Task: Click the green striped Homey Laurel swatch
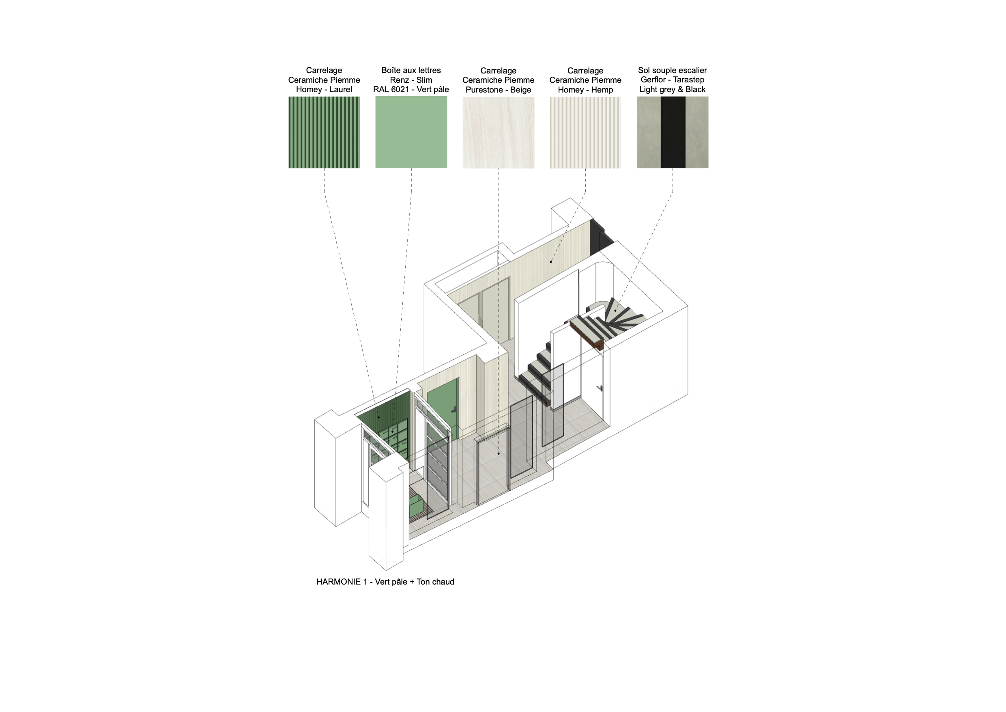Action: tap(324, 132)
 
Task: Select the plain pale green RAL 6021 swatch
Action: tap(411, 132)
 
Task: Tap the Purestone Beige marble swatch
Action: tap(498, 132)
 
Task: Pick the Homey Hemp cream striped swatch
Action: tap(585, 132)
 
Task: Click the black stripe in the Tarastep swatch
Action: tap(673, 132)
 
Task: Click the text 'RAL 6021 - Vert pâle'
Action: tap(411, 89)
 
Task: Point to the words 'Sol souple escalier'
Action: tap(672, 70)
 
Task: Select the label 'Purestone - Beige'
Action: tap(498, 90)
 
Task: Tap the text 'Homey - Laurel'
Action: tap(324, 89)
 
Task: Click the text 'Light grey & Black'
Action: tap(672, 89)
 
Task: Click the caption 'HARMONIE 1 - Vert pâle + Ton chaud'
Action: tap(385, 582)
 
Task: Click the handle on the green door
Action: tap(454, 410)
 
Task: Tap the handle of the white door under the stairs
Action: tap(600, 388)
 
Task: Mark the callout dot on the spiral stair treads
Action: tap(615, 311)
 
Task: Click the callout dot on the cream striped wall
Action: tap(551, 262)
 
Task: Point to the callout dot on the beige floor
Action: tap(499, 453)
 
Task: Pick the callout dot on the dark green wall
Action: tap(378, 417)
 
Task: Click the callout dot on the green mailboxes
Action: tap(393, 432)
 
